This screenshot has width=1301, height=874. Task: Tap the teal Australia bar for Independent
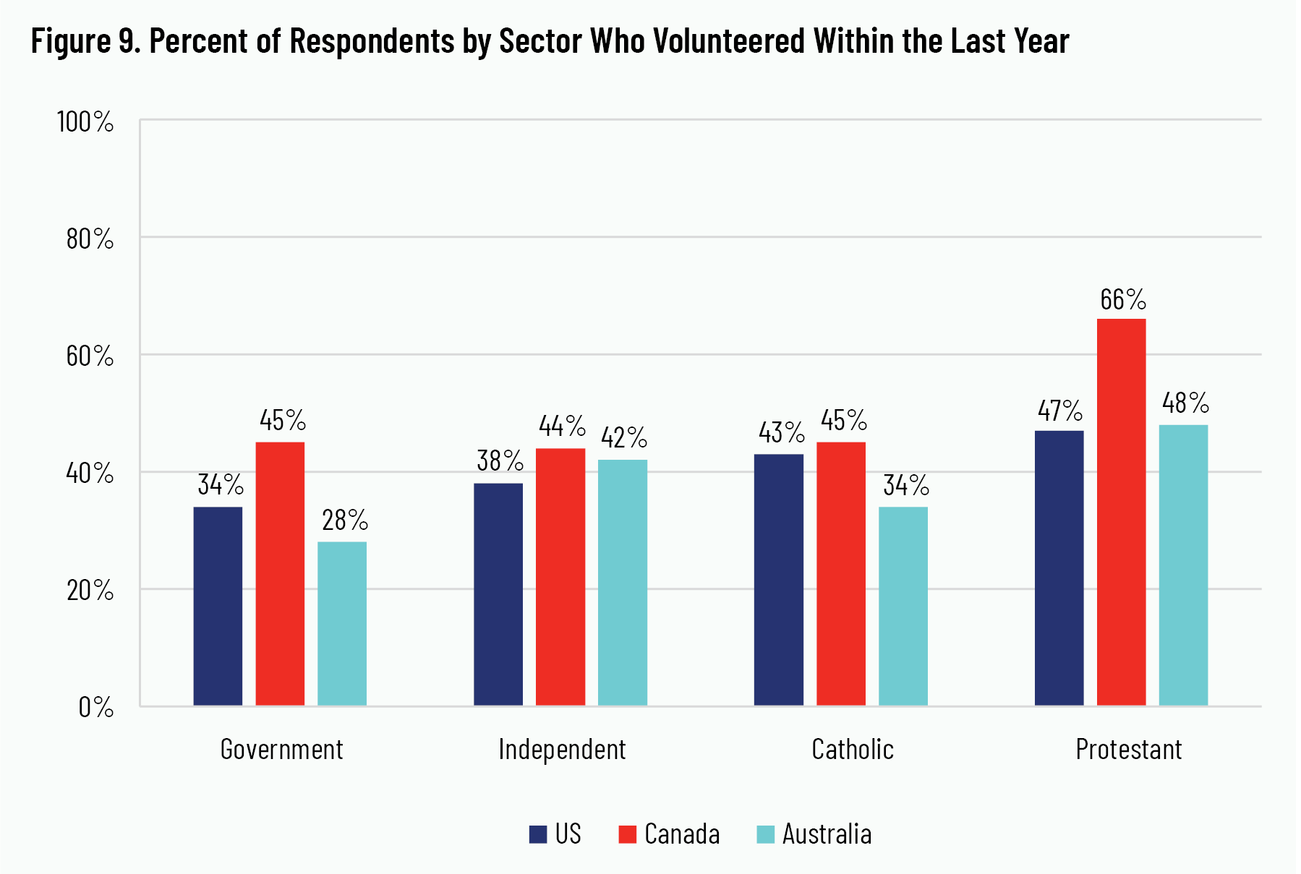pos(622,583)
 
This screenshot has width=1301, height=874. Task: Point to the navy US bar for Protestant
pos(1059,568)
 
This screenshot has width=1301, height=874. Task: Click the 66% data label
pos(1122,300)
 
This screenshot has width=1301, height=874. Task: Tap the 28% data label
pos(344,520)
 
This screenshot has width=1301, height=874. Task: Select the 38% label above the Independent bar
pos(499,461)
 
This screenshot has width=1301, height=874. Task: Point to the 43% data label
pos(781,433)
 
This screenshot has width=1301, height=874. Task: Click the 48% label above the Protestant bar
pos(1185,403)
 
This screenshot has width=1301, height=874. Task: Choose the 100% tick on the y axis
pos(85,122)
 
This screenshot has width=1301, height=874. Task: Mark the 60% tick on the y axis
pos(90,356)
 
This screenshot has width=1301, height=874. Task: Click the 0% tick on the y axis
pos(96,707)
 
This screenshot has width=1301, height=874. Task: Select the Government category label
pos(281,750)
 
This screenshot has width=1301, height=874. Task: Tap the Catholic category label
pos(853,750)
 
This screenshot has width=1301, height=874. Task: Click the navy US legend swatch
pos(538,835)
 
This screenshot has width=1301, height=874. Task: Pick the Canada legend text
pos(682,834)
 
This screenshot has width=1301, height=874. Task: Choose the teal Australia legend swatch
pos(765,835)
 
